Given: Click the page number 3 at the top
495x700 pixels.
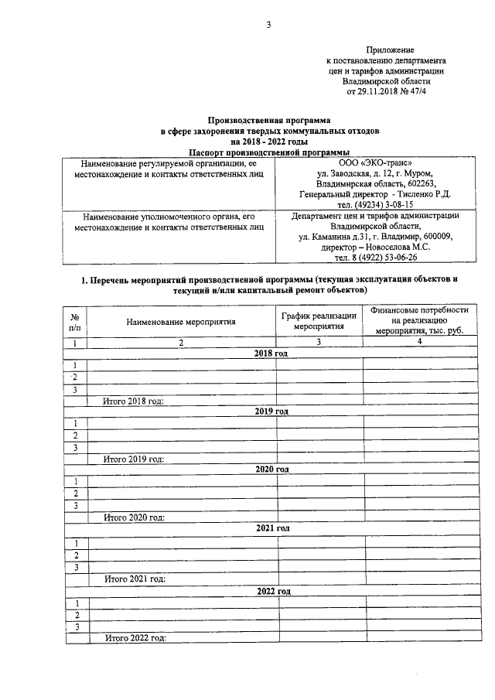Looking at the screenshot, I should point(268,25).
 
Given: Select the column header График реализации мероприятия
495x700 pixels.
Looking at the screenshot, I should point(319,321).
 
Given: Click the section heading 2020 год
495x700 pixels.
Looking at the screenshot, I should point(271,470).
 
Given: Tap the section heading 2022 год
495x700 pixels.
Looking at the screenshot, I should point(272,591).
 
